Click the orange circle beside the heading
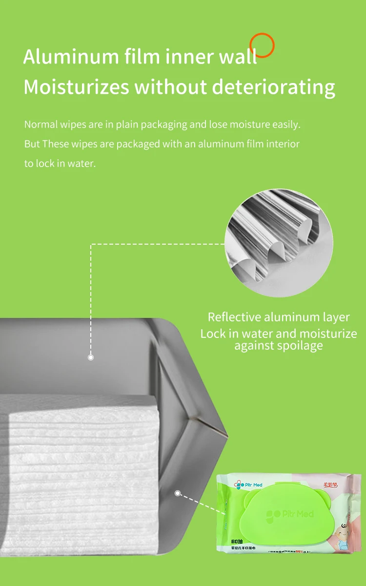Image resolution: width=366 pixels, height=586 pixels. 262,45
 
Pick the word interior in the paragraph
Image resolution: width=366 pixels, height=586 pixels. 284,144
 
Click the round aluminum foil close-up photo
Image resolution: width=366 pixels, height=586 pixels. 279,243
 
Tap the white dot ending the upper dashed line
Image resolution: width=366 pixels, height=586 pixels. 90,357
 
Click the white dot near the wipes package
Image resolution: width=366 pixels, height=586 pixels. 178,494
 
